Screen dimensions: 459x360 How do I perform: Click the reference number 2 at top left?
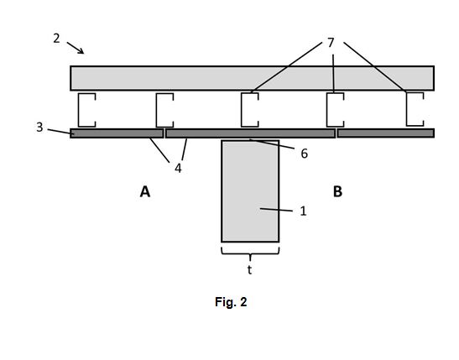tap(56, 39)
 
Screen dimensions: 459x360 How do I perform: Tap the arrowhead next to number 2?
tap(81, 51)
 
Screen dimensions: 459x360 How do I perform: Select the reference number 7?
tap(331, 43)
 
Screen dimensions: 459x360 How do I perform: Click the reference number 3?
tap(39, 128)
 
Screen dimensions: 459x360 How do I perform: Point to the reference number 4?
tap(178, 169)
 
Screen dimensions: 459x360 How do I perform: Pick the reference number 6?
tap(305, 154)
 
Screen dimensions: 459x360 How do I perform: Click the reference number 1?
tap(303, 211)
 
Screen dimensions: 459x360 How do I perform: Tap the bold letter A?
tap(145, 192)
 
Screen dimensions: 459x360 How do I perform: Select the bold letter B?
tap(337, 192)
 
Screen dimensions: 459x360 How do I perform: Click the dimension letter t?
tap(249, 270)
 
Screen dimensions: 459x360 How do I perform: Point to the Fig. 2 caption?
tap(231, 302)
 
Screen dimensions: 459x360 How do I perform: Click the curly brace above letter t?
tap(250, 253)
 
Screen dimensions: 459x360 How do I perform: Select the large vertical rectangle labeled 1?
tap(250, 191)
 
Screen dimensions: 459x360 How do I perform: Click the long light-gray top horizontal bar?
tap(252, 78)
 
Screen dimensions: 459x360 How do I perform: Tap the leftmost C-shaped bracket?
tap(78, 110)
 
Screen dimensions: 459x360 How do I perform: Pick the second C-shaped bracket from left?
tap(157, 110)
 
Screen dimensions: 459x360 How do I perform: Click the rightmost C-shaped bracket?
tap(407, 109)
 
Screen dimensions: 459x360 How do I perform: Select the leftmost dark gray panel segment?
tap(117, 133)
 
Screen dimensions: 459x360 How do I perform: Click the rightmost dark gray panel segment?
tap(385, 133)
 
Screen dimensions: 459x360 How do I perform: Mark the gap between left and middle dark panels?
tap(164, 133)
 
